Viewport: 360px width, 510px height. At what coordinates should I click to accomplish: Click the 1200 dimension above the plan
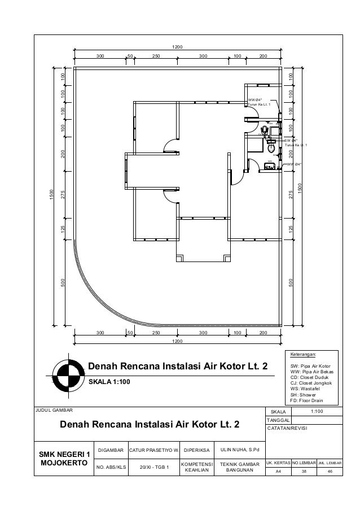[x=178, y=47]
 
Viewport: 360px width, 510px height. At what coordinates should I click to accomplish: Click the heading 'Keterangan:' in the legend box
[x=304, y=355]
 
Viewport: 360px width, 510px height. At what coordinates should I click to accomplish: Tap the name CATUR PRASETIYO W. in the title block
[x=155, y=450]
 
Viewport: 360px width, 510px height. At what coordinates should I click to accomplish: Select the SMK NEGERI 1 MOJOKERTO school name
[x=64, y=459]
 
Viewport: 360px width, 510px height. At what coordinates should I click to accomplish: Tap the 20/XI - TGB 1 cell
[x=155, y=468]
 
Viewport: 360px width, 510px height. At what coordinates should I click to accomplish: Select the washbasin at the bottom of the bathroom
[x=269, y=166]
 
